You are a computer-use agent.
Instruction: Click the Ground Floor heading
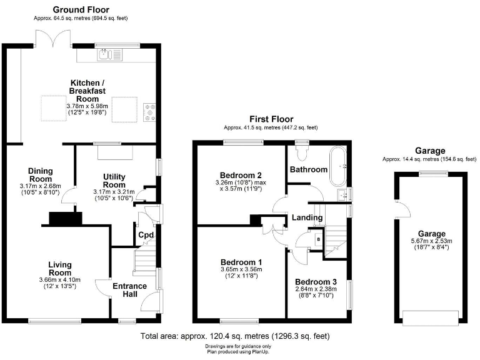coord(81,9)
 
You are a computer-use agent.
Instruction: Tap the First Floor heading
coord(271,119)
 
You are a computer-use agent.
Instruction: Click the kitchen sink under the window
coord(110,55)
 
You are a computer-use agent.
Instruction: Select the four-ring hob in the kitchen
coord(150,111)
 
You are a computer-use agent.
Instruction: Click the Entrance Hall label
coord(129,291)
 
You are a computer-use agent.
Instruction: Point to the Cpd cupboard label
coord(146,235)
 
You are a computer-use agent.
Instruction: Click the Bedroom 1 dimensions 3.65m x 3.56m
coord(241,270)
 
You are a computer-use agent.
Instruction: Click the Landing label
coord(307,217)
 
